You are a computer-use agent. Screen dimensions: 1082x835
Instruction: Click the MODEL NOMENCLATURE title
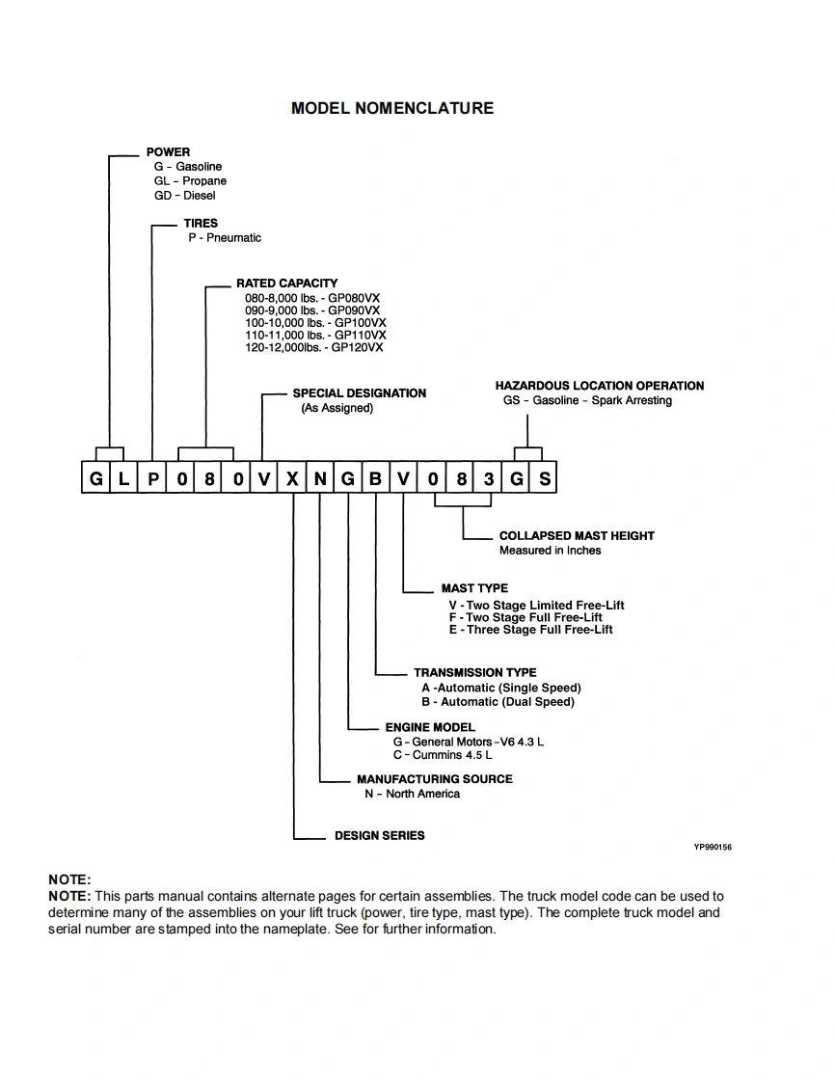391,108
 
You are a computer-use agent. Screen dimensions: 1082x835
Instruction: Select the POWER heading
168,152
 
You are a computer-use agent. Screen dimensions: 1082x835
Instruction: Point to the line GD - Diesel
184,196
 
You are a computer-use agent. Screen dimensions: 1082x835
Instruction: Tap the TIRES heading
201,224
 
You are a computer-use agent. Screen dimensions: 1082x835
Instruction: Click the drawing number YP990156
713,847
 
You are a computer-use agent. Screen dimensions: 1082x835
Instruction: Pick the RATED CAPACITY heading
286,284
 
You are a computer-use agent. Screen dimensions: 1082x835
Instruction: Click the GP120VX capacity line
313,347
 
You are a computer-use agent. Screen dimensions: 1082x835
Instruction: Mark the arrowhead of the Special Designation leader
262,457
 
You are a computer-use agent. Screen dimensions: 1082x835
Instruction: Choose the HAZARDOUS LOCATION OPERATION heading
599,386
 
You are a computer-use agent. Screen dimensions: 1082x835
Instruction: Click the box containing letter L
123,479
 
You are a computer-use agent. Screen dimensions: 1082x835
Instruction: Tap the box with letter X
292,479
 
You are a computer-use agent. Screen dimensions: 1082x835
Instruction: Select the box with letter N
320,479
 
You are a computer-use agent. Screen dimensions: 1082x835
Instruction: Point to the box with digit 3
489,479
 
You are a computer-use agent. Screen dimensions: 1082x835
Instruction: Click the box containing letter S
545,479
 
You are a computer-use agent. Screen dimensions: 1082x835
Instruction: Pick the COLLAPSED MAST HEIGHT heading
576,536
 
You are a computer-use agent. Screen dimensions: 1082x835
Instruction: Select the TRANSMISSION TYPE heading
474,673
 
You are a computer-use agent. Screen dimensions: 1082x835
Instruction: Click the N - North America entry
412,794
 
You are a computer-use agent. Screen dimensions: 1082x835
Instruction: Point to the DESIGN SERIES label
379,836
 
